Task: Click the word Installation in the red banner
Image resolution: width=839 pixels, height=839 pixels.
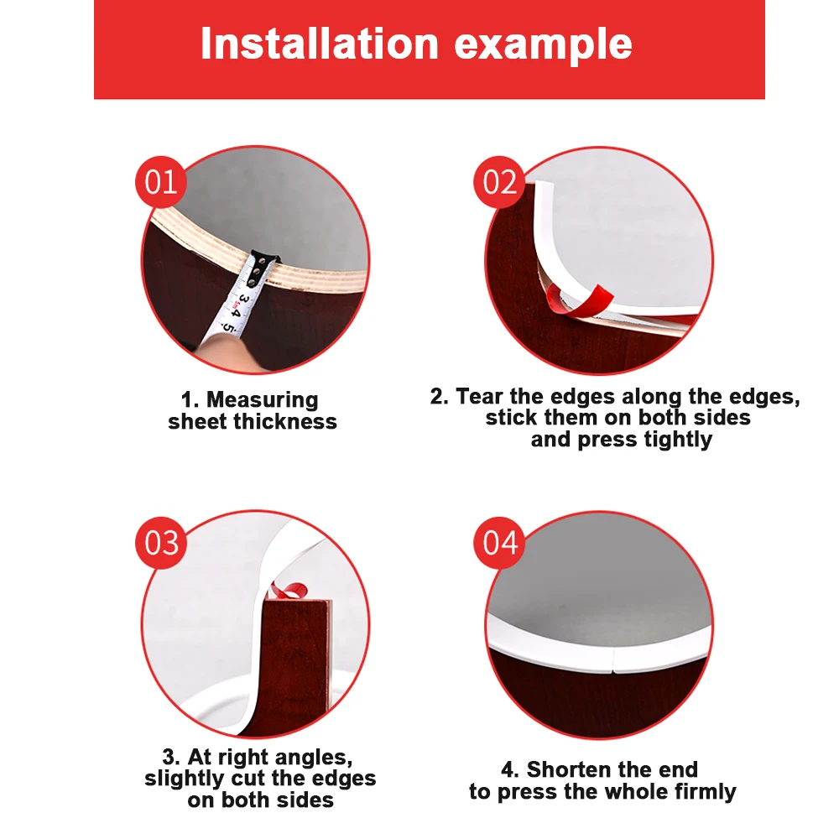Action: [x=320, y=44]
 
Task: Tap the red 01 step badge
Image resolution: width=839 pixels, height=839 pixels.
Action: [x=160, y=182]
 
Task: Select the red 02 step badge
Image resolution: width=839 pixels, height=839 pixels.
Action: [x=499, y=182]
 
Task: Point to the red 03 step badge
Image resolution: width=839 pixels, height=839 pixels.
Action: [x=161, y=543]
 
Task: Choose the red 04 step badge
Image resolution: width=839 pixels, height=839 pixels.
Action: [x=499, y=543]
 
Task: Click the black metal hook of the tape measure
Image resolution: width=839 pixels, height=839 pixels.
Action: [x=263, y=265]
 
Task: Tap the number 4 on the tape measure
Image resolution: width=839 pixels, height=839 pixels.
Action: [x=236, y=312]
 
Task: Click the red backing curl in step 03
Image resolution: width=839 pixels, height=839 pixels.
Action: [x=288, y=590]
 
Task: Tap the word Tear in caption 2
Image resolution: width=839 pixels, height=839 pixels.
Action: [x=480, y=397]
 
